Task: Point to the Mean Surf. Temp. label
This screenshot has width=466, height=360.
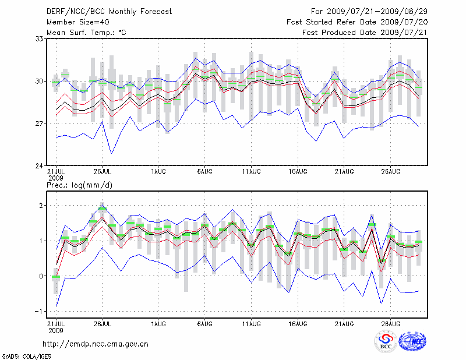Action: (x=86, y=32)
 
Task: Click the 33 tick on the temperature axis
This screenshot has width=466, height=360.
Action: (x=40, y=39)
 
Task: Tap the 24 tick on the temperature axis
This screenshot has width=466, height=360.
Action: (x=40, y=166)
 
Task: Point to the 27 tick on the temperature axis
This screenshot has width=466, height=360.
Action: (x=40, y=123)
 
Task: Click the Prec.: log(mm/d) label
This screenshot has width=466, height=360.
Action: (x=81, y=185)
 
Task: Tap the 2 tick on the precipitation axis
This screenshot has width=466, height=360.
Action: (x=41, y=206)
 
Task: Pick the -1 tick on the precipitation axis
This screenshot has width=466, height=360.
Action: (x=40, y=311)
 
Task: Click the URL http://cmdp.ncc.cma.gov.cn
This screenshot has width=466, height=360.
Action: (x=96, y=344)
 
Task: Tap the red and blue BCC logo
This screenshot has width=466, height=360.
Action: (x=386, y=342)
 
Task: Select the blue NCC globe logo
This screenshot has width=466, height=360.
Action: (x=412, y=342)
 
